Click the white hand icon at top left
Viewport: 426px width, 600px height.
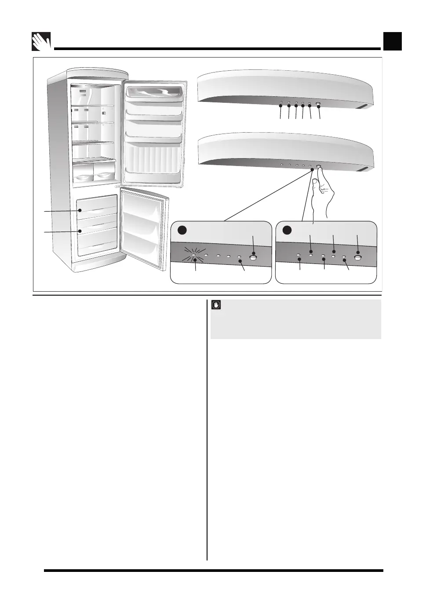[42, 42]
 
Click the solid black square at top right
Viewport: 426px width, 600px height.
[392, 42]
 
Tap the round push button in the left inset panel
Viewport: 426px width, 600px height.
[253, 258]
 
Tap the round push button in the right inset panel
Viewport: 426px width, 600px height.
[358, 258]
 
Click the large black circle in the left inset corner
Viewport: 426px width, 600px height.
[182, 230]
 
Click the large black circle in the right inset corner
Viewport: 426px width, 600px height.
[287, 230]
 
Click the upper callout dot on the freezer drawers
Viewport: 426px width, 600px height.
[80, 211]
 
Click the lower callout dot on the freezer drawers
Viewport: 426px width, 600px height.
[80, 231]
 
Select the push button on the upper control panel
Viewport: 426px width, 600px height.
[318, 105]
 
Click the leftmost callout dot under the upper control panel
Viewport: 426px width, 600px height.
[280, 105]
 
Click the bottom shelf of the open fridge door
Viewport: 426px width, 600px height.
[153, 171]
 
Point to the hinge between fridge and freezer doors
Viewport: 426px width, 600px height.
[118, 186]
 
